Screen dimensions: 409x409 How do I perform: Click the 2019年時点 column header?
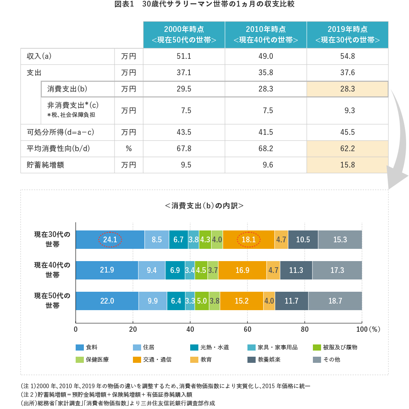(347, 35)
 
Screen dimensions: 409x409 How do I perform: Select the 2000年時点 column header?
(184, 35)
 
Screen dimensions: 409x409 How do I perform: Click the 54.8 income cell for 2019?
(347, 56)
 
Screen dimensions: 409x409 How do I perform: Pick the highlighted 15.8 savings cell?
(347, 165)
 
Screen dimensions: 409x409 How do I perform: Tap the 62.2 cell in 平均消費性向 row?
(347, 149)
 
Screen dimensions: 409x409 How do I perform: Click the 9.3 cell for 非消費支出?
(347, 110)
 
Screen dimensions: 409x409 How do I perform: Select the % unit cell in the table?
(128, 149)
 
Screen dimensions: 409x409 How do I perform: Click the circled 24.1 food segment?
(110, 240)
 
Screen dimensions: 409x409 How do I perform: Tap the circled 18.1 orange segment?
(249, 240)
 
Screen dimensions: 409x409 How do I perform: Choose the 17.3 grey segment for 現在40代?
(337, 270)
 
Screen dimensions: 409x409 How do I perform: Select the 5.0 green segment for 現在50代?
(202, 301)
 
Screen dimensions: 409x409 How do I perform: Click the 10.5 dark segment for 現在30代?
(303, 240)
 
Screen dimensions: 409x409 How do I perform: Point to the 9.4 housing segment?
(151, 270)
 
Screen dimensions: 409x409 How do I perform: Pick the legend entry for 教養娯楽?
(264, 360)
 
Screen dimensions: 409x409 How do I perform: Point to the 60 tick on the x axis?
(247, 329)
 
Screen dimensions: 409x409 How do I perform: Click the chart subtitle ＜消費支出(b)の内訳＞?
(204, 206)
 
